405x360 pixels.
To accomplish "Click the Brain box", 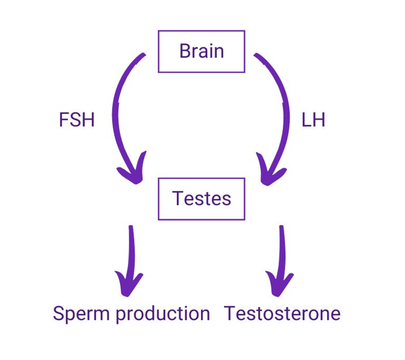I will [x=201, y=51].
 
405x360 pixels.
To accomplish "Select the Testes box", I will [x=201, y=198].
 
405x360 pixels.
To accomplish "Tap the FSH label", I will [x=77, y=120].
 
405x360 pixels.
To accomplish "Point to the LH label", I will [x=313, y=120].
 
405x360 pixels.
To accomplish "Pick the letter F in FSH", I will [x=63, y=120].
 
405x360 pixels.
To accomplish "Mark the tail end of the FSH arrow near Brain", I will [x=142, y=56].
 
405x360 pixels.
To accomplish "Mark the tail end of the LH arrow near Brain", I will [x=258, y=56].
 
